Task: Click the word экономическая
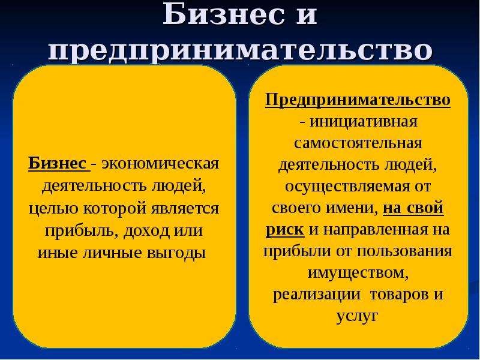click(x=160, y=164)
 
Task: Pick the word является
click(x=185, y=209)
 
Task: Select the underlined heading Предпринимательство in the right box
click(x=358, y=100)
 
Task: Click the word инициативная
click(x=364, y=122)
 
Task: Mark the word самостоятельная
click(x=358, y=143)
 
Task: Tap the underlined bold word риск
click(x=285, y=230)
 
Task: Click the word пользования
click(x=404, y=251)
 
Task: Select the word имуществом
click(x=357, y=273)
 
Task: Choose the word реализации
click(x=316, y=295)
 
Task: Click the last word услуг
click(x=357, y=317)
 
